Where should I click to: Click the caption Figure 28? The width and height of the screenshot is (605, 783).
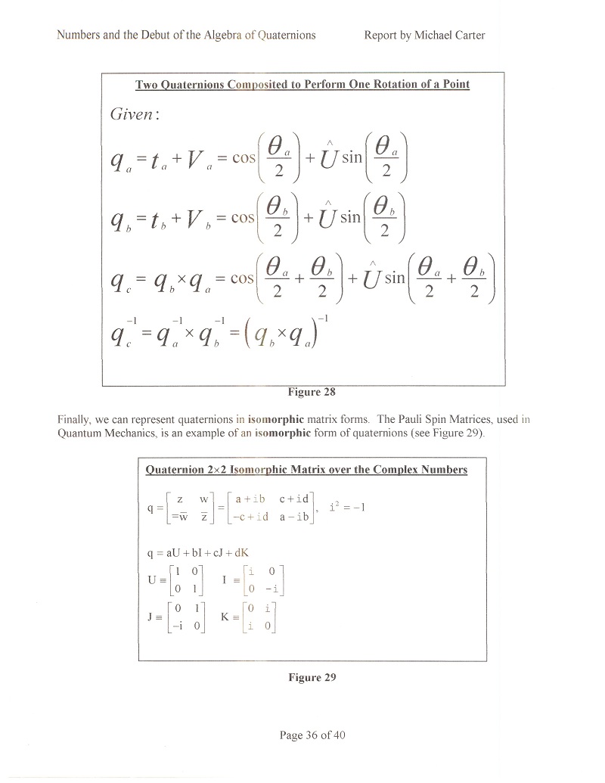tap(311, 392)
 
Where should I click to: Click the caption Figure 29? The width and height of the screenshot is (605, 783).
tap(312, 678)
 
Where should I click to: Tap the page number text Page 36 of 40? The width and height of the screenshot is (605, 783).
tap(312, 735)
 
